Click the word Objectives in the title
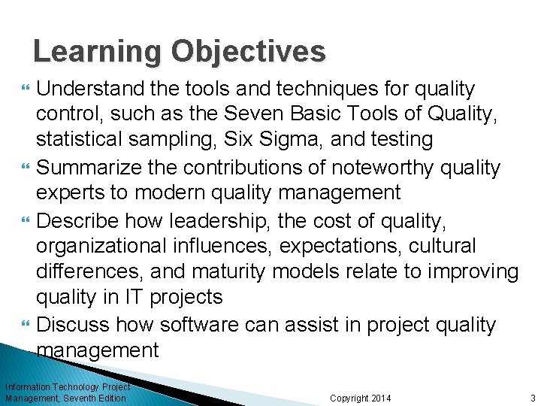coord(249,52)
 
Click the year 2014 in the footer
coord(379,398)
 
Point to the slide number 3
coord(532,398)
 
